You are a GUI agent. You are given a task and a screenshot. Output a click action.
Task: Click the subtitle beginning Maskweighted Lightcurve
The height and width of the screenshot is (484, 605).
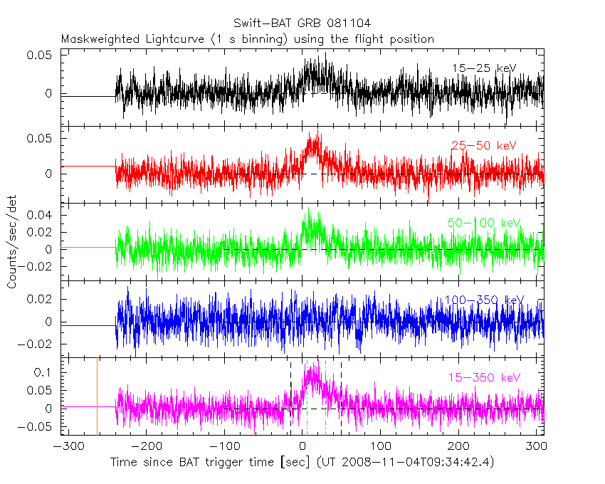click(x=248, y=39)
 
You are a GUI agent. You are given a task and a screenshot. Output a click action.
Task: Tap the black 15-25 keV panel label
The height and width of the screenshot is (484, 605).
click(x=483, y=68)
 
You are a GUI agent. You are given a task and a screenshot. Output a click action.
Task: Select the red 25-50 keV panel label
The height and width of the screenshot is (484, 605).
click(x=483, y=146)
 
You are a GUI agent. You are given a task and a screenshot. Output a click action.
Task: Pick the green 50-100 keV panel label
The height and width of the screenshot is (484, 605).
click(x=484, y=223)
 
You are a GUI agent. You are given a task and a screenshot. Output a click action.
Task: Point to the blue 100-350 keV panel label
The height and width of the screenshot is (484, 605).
click(x=484, y=300)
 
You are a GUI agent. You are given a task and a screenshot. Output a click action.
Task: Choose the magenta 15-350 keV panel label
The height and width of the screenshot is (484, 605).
click(x=484, y=377)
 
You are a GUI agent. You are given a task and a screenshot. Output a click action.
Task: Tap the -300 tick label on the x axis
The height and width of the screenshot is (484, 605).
click(x=66, y=447)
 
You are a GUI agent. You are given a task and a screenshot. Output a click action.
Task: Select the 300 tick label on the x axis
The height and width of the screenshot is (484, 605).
click(x=537, y=447)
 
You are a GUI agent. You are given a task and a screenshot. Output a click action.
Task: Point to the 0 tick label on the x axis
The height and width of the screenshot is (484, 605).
click(x=302, y=447)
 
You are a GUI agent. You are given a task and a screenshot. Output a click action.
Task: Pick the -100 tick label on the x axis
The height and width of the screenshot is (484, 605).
click(x=223, y=447)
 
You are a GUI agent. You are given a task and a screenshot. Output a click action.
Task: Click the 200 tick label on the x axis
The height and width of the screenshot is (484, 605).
click(x=458, y=447)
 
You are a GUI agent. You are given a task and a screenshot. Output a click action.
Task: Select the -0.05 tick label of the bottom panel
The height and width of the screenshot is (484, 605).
click(x=40, y=427)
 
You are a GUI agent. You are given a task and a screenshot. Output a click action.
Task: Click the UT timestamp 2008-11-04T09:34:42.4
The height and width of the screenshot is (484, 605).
click(x=416, y=463)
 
